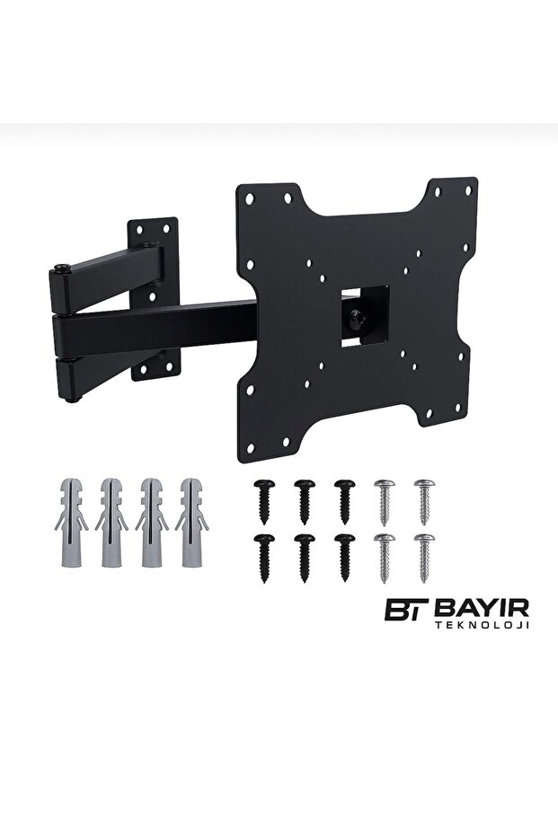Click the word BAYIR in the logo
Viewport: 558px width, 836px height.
point(482,607)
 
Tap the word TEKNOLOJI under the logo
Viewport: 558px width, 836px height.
point(483,624)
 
